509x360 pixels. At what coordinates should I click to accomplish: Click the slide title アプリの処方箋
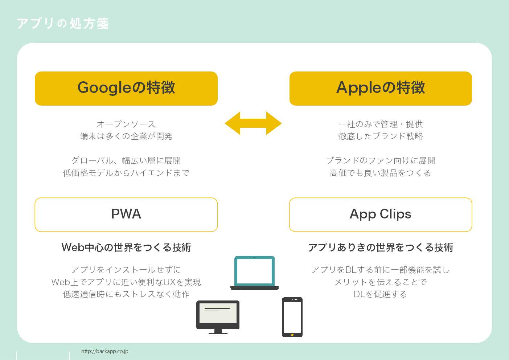pyautogui.click(x=62, y=23)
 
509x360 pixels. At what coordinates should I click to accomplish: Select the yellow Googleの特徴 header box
pyautogui.click(x=126, y=88)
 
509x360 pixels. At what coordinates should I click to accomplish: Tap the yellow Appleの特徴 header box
pyautogui.click(x=381, y=88)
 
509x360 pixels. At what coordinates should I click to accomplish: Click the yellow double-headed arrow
pyautogui.click(x=253, y=123)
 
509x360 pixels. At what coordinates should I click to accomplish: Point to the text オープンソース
pyautogui.click(x=126, y=124)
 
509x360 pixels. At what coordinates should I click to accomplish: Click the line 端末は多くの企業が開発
pyautogui.click(x=126, y=136)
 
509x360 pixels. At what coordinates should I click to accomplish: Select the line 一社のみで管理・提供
pyautogui.click(x=381, y=124)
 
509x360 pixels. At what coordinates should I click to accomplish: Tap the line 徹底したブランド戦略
pyautogui.click(x=381, y=136)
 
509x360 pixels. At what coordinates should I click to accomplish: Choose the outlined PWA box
pyautogui.click(x=126, y=214)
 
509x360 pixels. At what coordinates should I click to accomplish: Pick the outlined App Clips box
pyautogui.click(x=381, y=214)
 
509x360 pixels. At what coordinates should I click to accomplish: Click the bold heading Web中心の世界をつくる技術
pyautogui.click(x=126, y=247)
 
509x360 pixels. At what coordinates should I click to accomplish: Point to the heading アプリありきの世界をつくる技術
pyautogui.click(x=381, y=247)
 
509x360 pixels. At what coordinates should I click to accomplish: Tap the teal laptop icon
pyautogui.click(x=254, y=272)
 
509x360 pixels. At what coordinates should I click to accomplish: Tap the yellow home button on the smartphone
pyautogui.click(x=292, y=335)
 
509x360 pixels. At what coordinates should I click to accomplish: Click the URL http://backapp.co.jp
pyautogui.click(x=104, y=351)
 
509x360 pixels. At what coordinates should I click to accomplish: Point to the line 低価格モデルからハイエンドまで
pyautogui.click(x=126, y=173)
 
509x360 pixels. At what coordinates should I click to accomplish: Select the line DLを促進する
pyautogui.click(x=381, y=294)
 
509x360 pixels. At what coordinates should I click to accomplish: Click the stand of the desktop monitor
pyautogui.click(x=218, y=331)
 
